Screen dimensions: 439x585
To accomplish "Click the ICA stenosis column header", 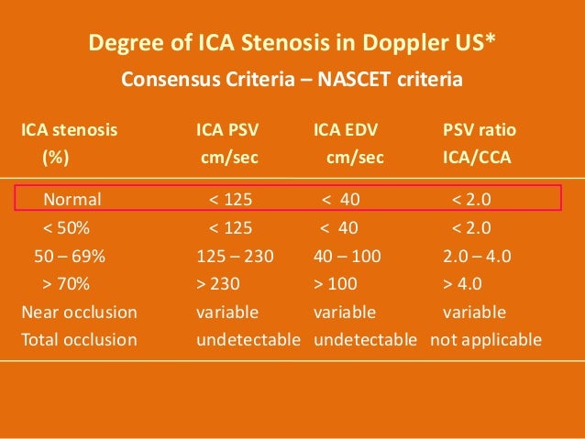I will point(70,130).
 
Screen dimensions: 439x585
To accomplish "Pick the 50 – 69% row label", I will point(66,256).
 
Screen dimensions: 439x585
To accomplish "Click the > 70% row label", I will point(66,283).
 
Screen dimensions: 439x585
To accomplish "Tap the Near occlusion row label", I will point(79,312).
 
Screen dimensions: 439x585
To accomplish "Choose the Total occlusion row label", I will point(79,340).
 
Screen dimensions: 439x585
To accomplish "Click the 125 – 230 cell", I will point(236,256).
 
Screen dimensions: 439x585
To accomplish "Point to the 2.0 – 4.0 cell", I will point(477,256).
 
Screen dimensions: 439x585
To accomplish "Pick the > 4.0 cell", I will point(463,283).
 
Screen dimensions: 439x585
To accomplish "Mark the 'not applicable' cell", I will point(486,340).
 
